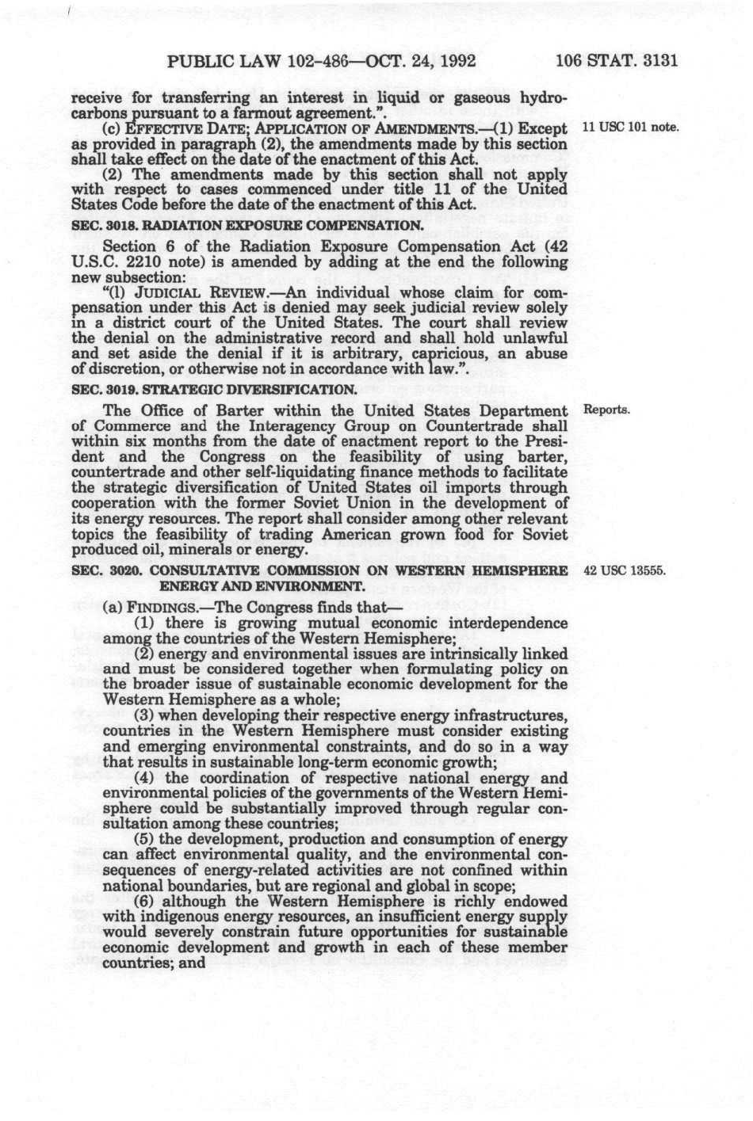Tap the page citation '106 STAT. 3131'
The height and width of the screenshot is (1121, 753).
(x=617, y=61)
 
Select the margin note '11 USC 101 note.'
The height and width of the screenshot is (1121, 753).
(x=631, y=128)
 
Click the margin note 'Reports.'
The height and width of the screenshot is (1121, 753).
(x=606, y=410)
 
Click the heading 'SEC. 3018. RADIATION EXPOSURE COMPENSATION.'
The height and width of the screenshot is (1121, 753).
(x=246, y=225)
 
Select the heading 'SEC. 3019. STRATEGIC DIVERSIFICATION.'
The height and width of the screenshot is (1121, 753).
(x=214, y=390)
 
